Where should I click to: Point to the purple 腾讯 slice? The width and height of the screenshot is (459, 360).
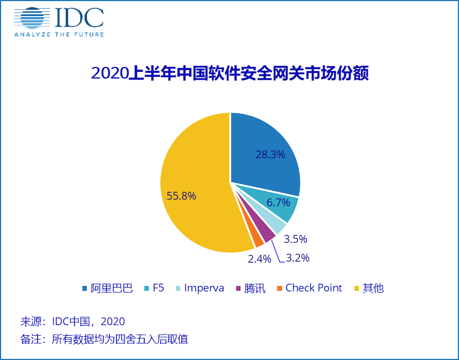pyautogui.click(x=268, y=234)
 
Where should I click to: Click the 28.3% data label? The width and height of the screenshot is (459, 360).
pyautogui.click(x=270, y=154)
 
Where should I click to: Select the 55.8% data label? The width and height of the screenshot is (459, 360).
pyautogui.click(x=181, y=196)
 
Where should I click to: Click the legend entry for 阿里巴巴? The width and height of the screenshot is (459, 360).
pyautogui.click(x=108, y=288)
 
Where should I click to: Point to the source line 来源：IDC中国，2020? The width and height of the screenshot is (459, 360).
pyautogui.click(x=72, y=321)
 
